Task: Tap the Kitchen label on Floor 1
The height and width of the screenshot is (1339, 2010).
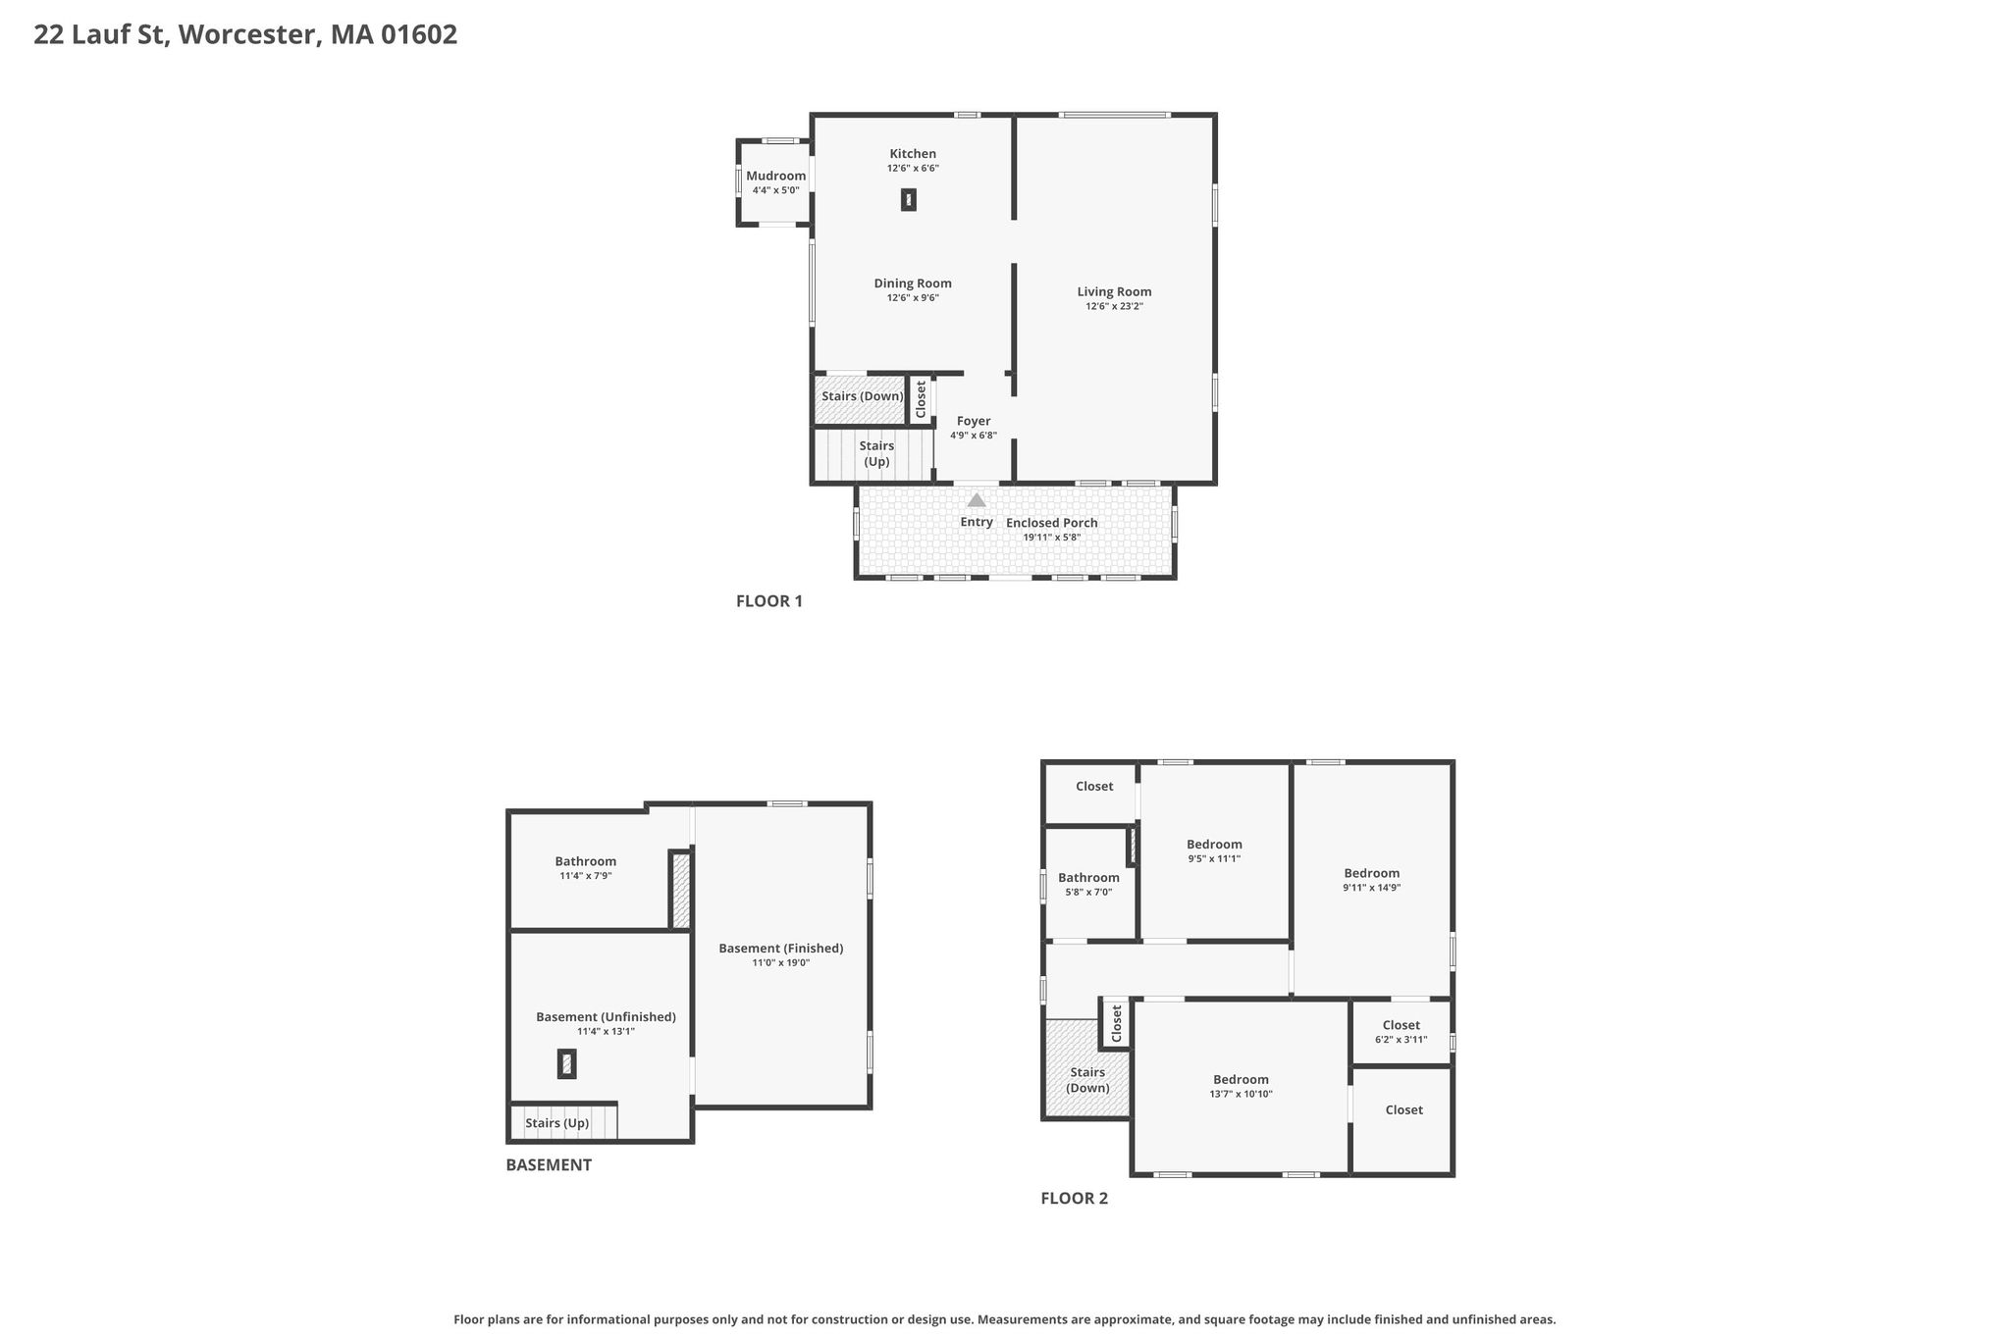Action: pos(913,154)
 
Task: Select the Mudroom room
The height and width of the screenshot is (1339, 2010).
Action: pos(775,182)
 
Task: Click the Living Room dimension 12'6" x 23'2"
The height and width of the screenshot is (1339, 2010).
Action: pos(1114,306)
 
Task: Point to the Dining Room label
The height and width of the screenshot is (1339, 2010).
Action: pos(913,283)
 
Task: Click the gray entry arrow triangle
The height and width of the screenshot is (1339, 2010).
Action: pos(977,500)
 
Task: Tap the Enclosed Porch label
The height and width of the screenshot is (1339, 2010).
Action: pos(1052,523)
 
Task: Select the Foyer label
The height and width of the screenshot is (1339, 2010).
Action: pos(974,421)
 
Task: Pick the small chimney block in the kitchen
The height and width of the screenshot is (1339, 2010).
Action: pos(909,200)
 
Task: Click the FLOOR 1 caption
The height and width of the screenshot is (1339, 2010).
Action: pos(769,601)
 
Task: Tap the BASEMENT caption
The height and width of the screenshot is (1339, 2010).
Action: pos(549,1165)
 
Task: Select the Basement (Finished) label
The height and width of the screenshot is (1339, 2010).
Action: pos(781,948)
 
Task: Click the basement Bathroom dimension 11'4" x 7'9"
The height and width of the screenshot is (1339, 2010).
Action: pos(586,876)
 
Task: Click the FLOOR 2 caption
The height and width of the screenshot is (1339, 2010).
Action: pos(1075,1199)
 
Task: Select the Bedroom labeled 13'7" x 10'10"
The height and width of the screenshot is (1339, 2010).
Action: pos(1241,1086)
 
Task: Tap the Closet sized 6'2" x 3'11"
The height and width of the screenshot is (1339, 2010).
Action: pos(1402,1032)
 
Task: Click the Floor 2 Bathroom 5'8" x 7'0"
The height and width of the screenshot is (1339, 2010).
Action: pos(1089,884)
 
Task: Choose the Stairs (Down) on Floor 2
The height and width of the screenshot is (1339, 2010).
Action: pos(1087,1068)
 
